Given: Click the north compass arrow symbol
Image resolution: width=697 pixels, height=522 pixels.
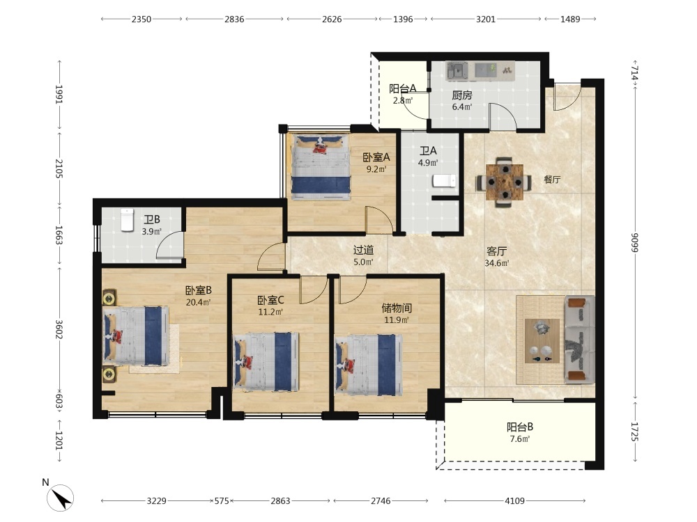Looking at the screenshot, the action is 60,497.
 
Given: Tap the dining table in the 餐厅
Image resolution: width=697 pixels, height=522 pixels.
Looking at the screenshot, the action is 505,182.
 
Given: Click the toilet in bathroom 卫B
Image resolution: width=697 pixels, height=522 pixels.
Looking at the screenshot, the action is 128,220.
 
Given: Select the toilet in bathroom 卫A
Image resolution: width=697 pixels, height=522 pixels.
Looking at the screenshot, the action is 445,181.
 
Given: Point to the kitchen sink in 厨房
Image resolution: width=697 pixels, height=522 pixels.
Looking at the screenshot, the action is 457,71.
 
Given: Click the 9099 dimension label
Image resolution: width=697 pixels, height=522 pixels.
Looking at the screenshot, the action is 635,242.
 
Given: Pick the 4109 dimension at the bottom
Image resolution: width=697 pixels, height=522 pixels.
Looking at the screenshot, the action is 515,500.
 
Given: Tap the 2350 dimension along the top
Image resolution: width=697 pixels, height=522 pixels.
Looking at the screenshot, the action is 141,19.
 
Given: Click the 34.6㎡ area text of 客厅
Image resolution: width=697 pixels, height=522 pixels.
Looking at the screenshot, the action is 496,263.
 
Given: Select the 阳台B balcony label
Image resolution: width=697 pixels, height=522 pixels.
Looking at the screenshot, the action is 520,427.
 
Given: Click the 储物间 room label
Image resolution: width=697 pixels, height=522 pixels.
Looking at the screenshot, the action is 397,308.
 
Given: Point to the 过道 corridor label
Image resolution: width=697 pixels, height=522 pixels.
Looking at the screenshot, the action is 363,251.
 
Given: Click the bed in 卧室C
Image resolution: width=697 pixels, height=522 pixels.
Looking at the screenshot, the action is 266,362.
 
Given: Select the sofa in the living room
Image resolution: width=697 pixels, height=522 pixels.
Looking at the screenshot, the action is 580,340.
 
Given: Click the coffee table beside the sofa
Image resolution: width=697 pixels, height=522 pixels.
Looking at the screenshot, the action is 542,341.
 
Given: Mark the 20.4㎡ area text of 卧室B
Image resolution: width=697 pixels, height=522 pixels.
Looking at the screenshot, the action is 198,303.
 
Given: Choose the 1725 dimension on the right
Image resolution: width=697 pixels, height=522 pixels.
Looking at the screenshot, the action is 635,432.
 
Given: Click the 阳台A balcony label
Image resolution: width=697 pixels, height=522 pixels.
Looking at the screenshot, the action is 403,89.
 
